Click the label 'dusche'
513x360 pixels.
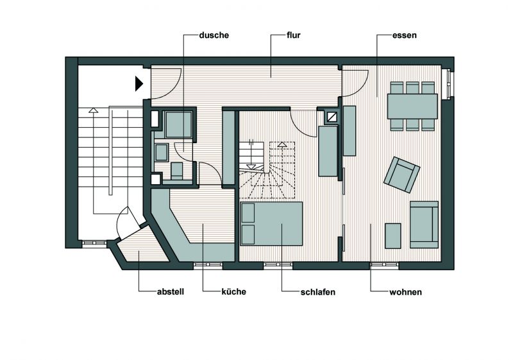214,35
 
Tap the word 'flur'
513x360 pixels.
294,35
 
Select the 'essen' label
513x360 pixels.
405,35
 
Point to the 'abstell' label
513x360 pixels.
171,291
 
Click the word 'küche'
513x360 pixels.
233,291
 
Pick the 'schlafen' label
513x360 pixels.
317,292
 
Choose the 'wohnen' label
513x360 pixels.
405,292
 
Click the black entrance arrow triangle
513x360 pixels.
139,84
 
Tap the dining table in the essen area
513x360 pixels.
412,107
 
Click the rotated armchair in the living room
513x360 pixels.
402,175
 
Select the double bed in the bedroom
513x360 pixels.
271,223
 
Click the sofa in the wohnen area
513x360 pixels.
424,225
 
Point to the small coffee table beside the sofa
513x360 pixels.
393,236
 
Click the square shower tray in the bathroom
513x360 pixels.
179,124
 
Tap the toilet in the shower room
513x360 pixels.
177,171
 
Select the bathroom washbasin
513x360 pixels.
162,153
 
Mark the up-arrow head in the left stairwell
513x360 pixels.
94,110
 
